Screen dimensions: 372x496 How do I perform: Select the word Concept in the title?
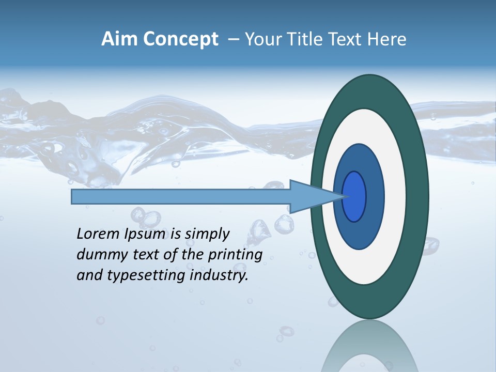point(179,39)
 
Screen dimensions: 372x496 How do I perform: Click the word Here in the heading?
point(386,39)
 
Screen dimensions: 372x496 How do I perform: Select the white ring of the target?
point(395,196)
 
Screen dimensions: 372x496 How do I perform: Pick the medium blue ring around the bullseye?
point(375,196)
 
